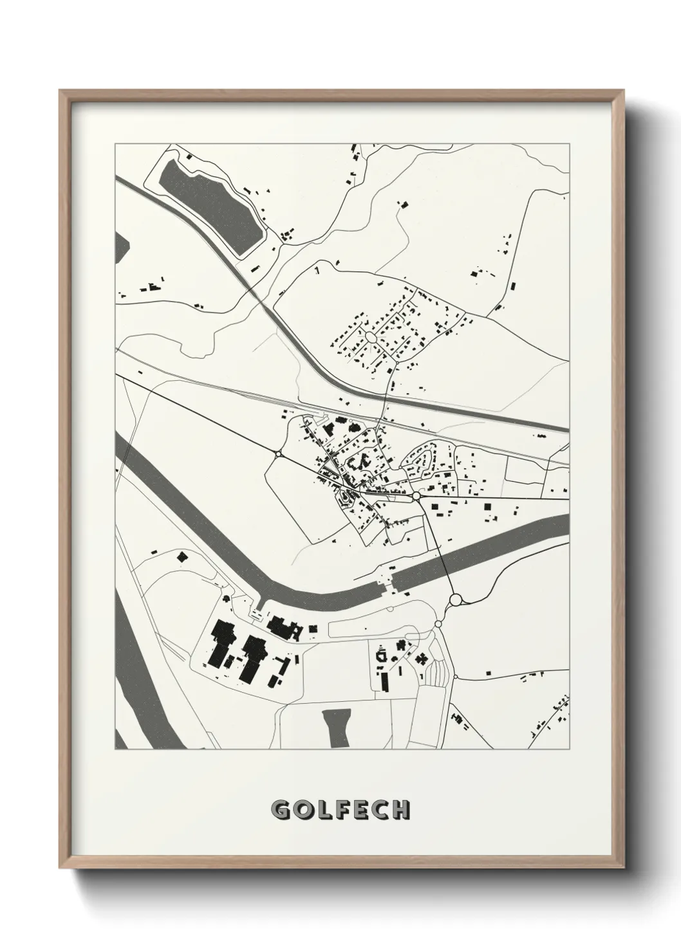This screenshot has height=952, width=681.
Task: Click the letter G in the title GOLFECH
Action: click(280, 809)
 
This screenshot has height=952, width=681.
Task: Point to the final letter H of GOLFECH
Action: click(401, 809)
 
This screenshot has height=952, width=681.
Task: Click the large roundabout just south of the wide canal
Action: click(456, 600)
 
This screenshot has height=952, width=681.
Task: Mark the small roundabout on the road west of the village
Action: click(278, 454)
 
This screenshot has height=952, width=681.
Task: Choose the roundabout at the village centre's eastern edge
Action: click(416, 497)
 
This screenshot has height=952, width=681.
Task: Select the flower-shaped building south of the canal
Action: click(422, 658)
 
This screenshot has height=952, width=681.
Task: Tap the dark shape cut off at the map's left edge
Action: click(121, 248)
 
